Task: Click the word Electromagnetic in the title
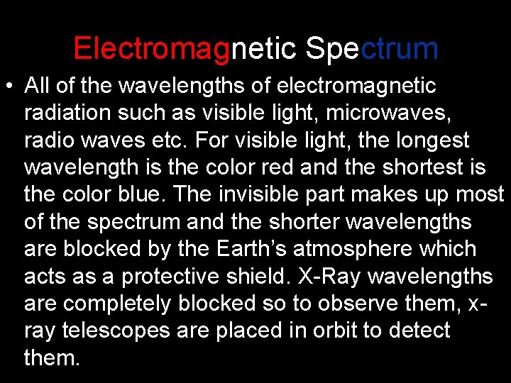click(x=185, y=49)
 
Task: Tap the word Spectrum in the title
click(x=371, y=49)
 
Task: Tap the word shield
click(x=231, y=277)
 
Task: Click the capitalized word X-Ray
click(x=306, y=277)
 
